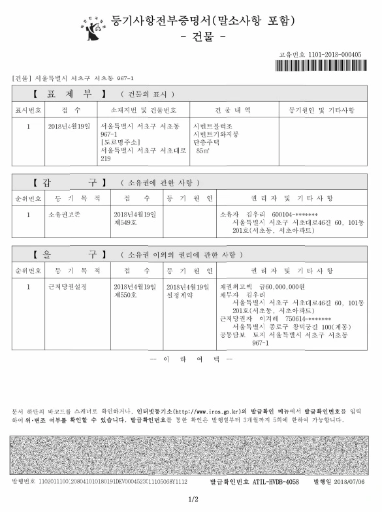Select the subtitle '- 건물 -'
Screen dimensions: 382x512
202,37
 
